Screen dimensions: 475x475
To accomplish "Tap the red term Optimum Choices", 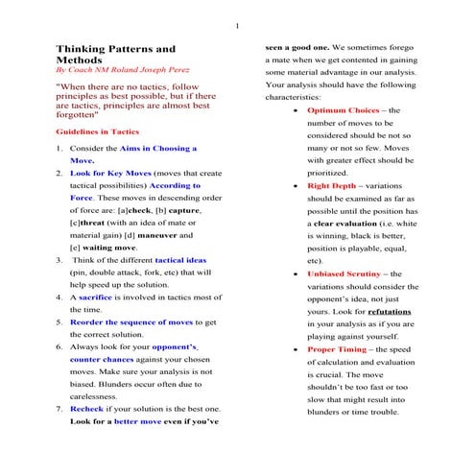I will tap(344, 111).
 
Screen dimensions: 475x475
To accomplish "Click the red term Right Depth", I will tap(333, 184).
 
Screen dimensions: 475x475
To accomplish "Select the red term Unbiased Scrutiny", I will tap(346, 273).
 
